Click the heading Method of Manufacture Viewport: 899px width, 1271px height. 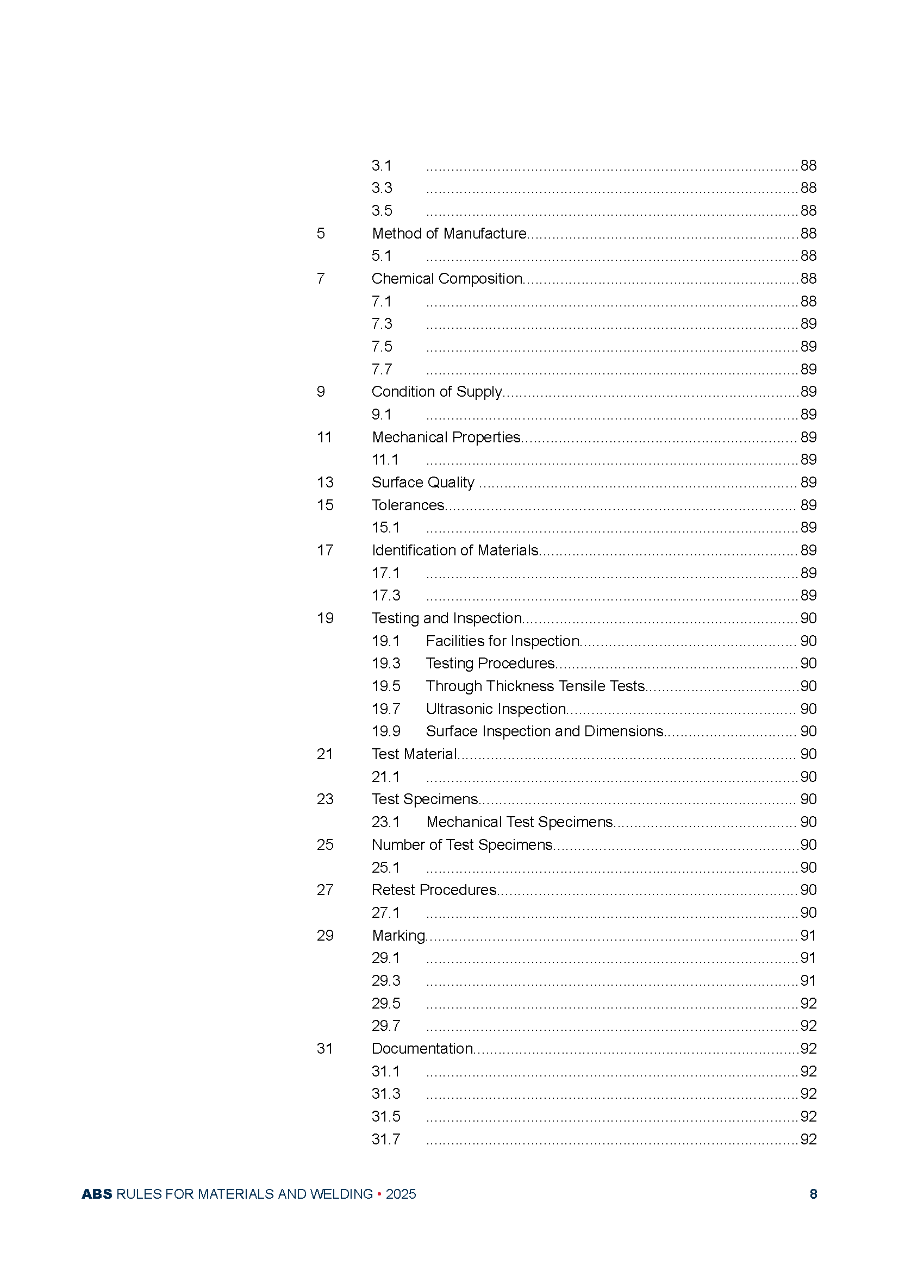point(449,234)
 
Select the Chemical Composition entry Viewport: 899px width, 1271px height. point(447,278)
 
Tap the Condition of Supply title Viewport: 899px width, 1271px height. point(437,392)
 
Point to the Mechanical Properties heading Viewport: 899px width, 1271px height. point(446,437)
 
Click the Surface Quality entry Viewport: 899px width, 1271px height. point(423,483)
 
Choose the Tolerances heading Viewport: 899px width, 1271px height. point(408,505)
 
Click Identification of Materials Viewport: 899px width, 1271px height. point(455,550)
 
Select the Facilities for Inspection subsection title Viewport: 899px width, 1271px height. point(503,641)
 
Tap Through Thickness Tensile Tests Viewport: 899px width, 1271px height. point(535,686)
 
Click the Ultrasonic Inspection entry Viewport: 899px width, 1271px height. point(496,709)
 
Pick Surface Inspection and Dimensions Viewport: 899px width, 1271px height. point(545,731)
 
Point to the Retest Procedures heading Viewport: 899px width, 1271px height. point(434,890)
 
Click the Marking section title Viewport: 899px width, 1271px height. point(398,936)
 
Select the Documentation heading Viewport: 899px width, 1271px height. point(422,1048)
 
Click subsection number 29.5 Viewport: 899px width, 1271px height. point(386,1003)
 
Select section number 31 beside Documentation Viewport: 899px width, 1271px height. point(324,1048)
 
